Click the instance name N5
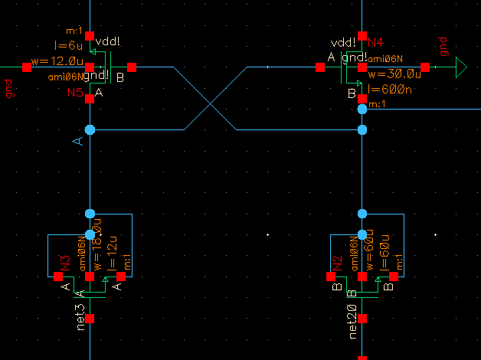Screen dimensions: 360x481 (74, 93)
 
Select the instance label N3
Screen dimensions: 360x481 (66, 263)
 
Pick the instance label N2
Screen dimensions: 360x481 (337, 263)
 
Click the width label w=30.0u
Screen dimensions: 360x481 (394, 74)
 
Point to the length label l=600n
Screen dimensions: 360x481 (389, 89)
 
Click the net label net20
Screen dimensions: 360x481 (352, 322)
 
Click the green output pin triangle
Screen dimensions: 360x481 (461, 68)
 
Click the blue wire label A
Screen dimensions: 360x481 (77, 142)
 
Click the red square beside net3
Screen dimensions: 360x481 (90, 318)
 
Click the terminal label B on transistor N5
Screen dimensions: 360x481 (119, 77)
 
